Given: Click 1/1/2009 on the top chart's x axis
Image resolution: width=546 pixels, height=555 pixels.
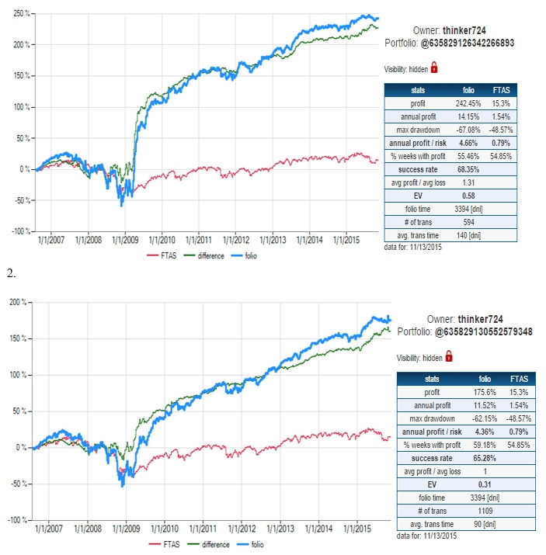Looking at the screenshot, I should pos(125,242).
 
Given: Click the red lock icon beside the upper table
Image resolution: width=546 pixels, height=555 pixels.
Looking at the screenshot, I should pos(434,68).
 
